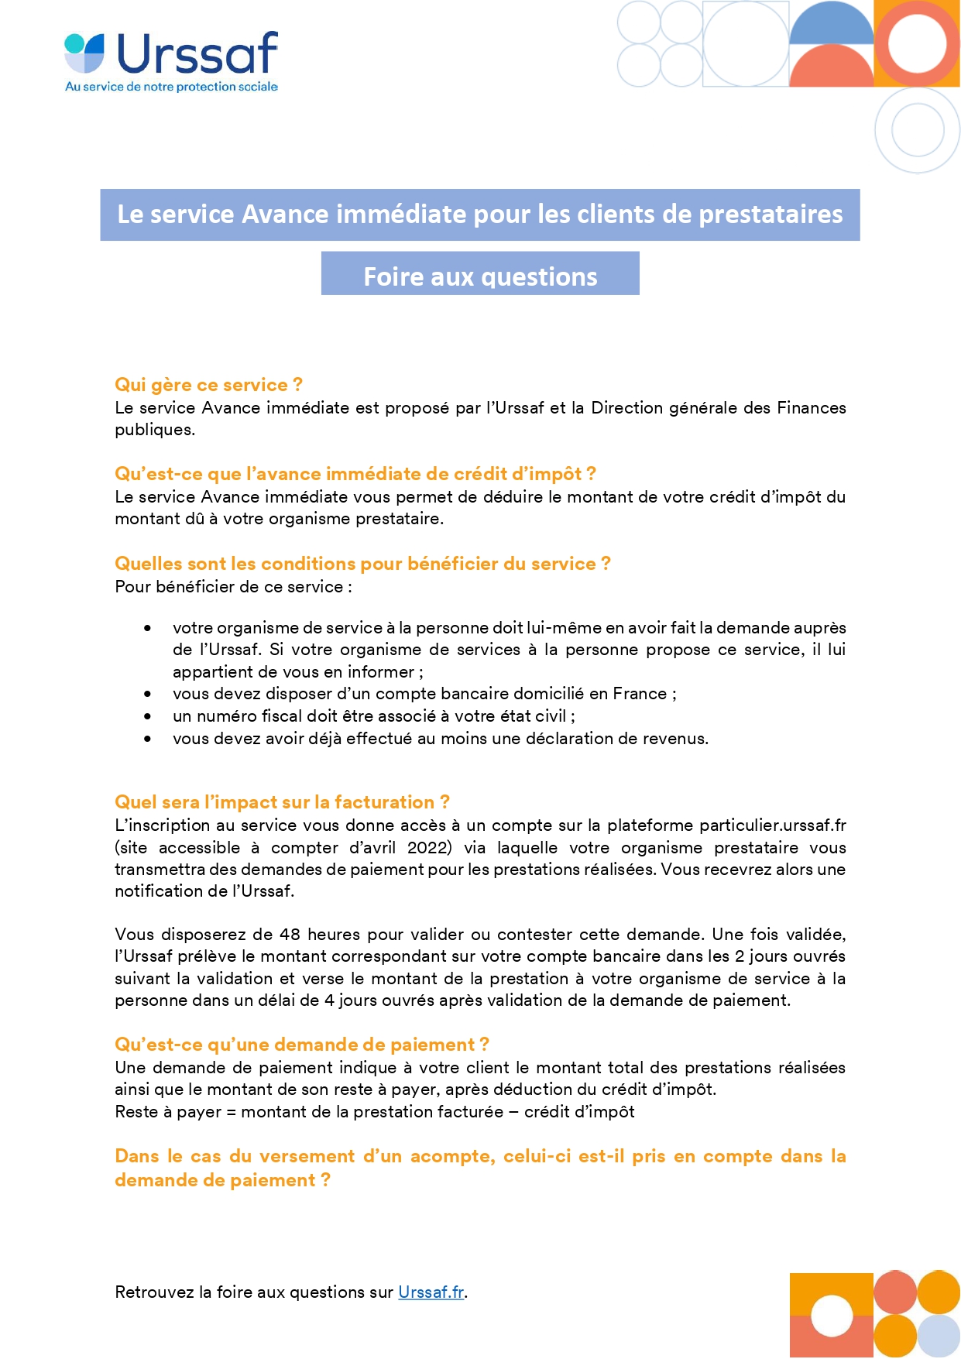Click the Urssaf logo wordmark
coord(197,53)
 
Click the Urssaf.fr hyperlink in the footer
coord(431,1292)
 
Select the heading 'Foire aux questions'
coord(480,276)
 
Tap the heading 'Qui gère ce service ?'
coord(208,385)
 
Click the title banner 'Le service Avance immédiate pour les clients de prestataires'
coord(479,214)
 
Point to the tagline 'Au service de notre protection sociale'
coord(171,87)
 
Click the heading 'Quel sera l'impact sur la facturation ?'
coord(282,802)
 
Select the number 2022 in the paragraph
coord(429,847)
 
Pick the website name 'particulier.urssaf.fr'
coord(772,825)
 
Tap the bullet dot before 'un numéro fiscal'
coord(147,716)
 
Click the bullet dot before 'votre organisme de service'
coord(147,628)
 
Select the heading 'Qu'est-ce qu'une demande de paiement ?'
coord(302,1045)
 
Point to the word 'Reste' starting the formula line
coord(136,1112)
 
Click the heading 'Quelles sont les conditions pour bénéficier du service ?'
coord(362,564)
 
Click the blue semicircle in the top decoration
coord(831,23)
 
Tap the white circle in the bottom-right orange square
coord(832,1315)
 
